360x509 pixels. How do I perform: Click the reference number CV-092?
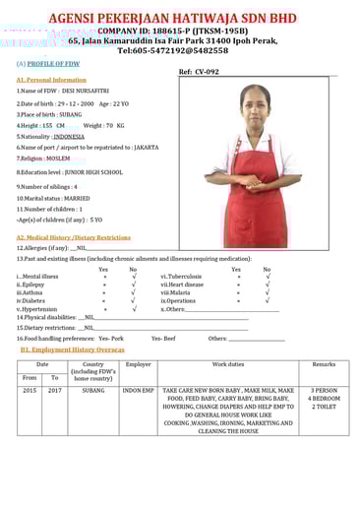click(x=206, y=72)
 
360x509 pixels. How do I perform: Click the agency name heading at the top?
click(x=181, y=18)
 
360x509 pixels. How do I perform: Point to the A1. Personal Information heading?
click(x=51, y=80)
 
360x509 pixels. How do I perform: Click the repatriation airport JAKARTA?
click(x=146, y=147)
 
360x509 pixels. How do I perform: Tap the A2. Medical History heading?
click(x=73, y=237)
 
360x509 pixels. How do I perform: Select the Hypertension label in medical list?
click(x=38, y=309)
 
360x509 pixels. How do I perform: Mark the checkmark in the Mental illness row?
click(x=134, y=277)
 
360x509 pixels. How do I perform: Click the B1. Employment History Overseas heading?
click(x=72, y=350)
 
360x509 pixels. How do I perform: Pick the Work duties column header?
click(x=227, y=365)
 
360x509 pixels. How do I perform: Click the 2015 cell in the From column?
click(x=30, y=390)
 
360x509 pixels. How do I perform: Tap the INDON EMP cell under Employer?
click(x=138, y=390)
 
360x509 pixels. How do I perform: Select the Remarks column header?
click(x=324, y=365)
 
